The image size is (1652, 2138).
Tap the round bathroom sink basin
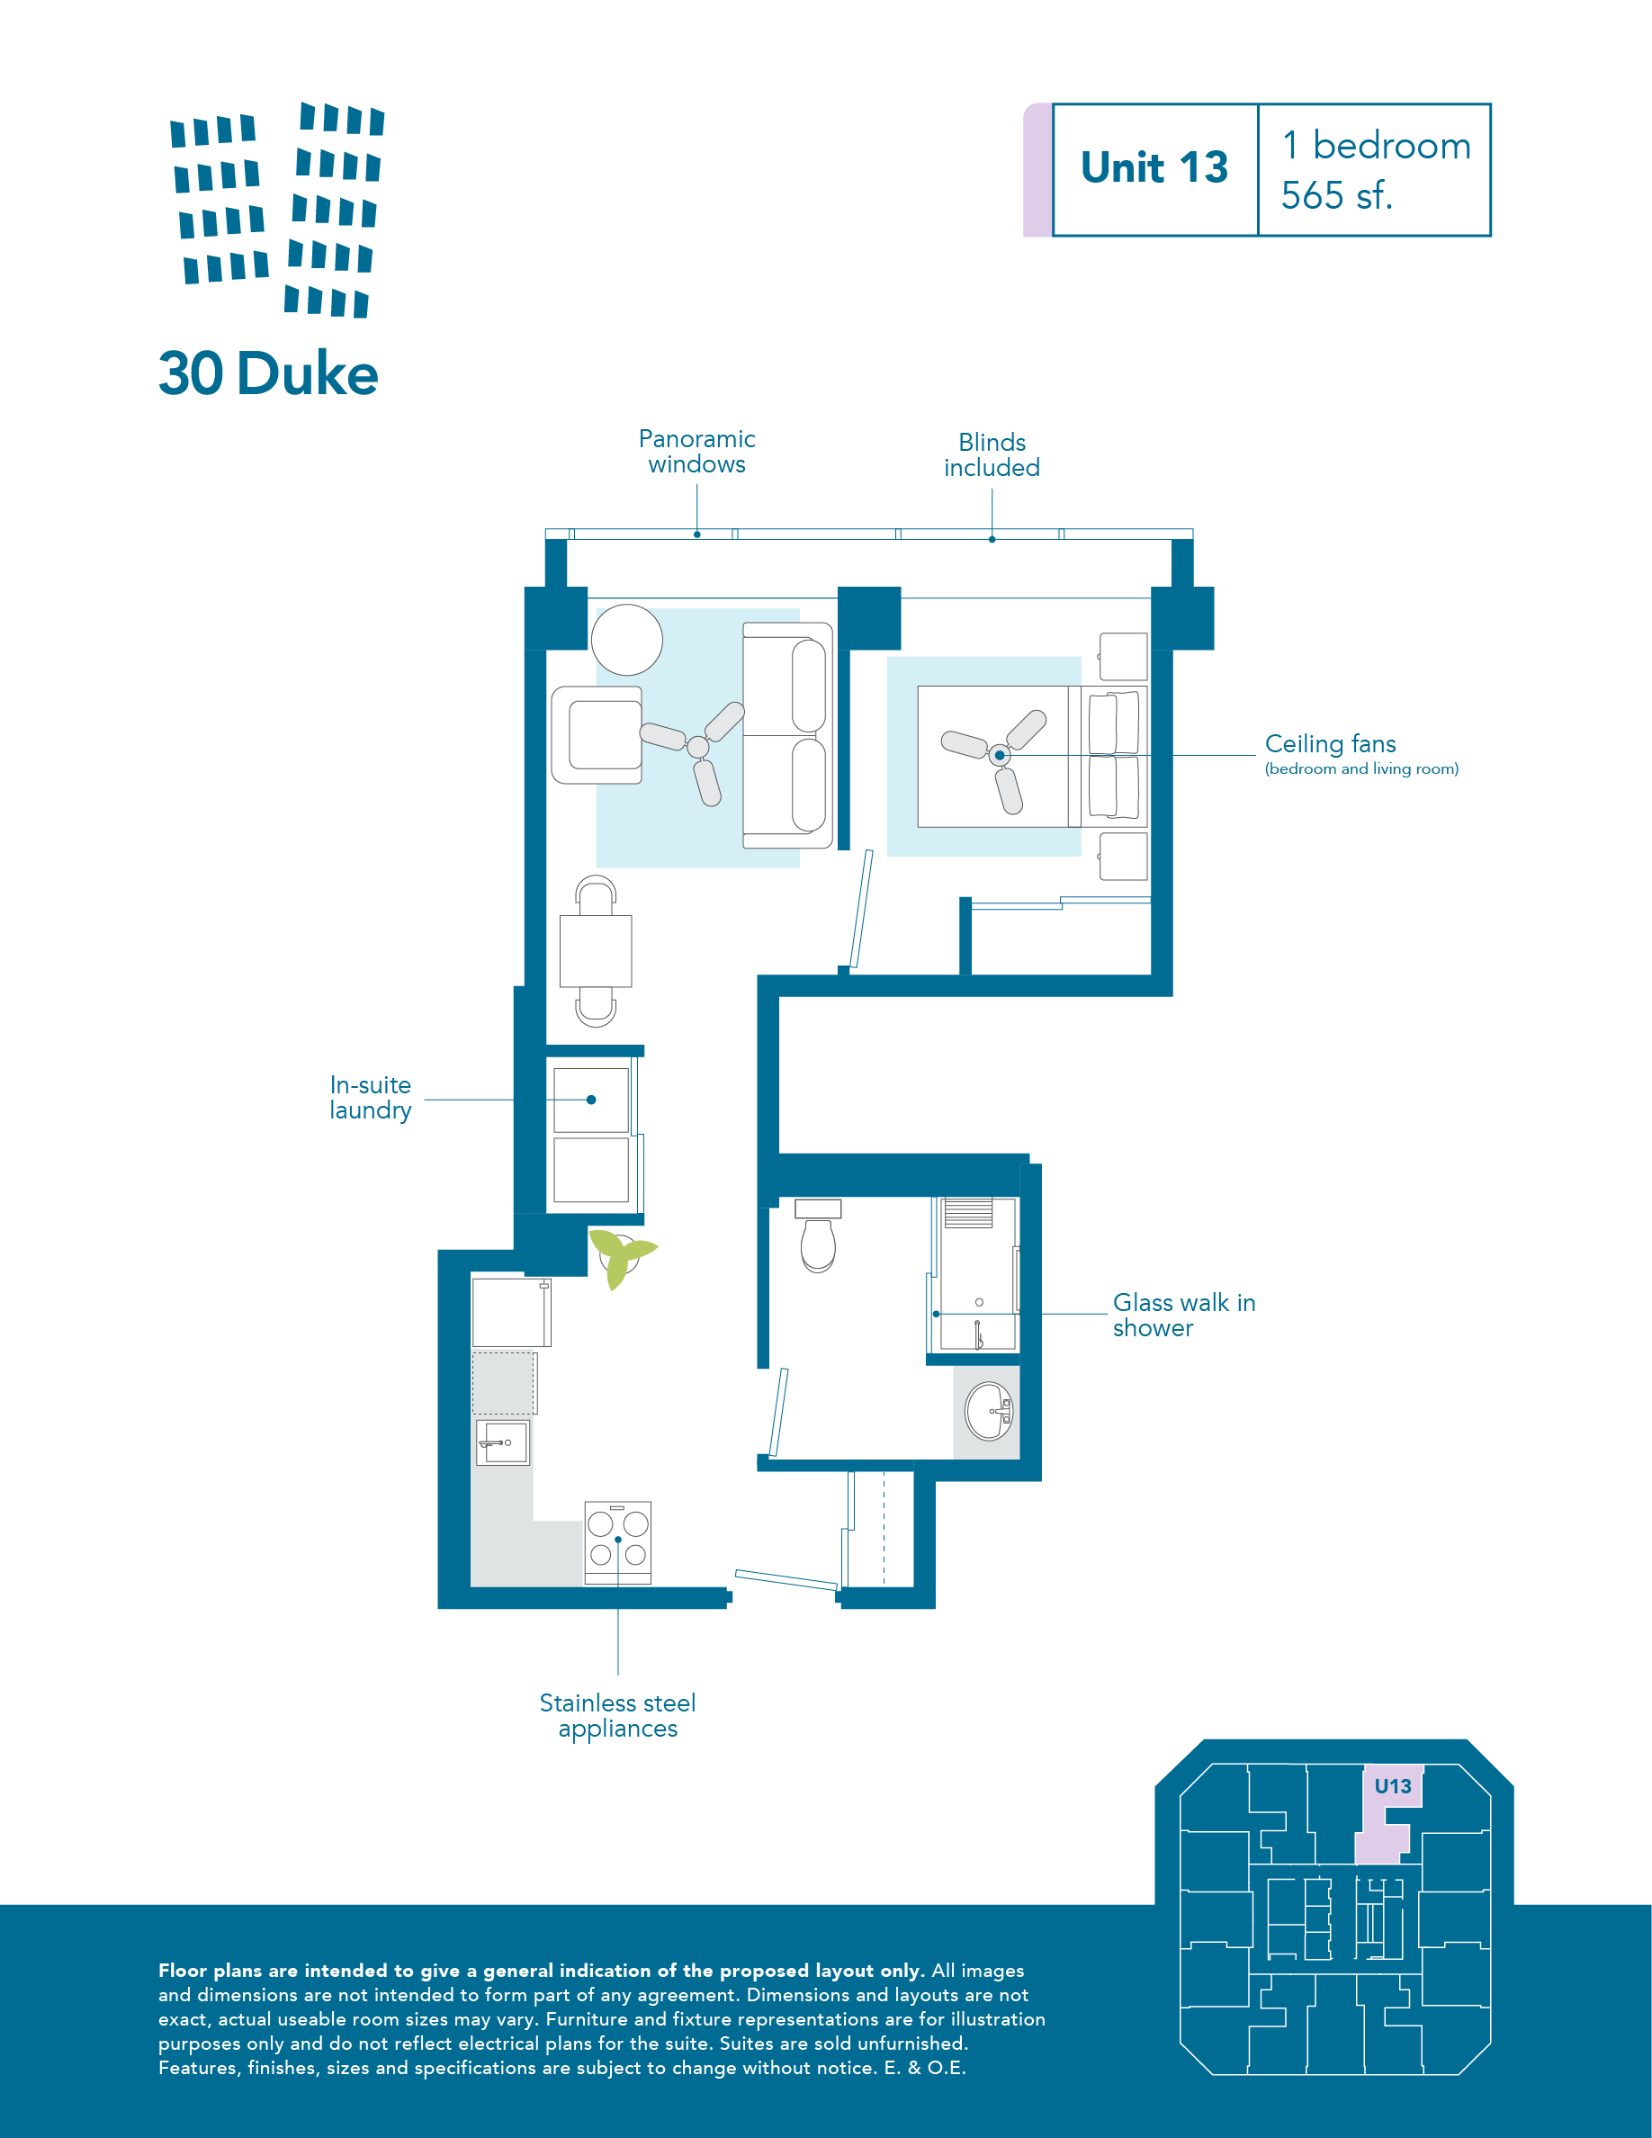click(989, 1411)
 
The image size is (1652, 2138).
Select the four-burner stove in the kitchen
click(617, 1543)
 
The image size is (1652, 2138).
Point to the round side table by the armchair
click(627, 639)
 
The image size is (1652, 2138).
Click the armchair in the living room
click(597, 734)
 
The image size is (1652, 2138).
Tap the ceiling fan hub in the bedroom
click(1000, 756)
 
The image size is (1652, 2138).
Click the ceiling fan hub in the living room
click(698, 747)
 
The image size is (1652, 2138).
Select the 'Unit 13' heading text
click(1154, 167)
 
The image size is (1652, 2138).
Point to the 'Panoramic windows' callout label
click(696, 452)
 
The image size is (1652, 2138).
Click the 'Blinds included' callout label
click(992, 455)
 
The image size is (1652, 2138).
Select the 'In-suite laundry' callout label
click(370, 1098)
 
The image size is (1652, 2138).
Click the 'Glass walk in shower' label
click(1183, 1315)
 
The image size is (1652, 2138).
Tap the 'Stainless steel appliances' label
click(617, 1716)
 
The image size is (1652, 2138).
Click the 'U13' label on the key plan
click(1393, 1785)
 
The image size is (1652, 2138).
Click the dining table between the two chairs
click(596, 950)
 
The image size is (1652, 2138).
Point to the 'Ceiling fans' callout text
click(1330, 744)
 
